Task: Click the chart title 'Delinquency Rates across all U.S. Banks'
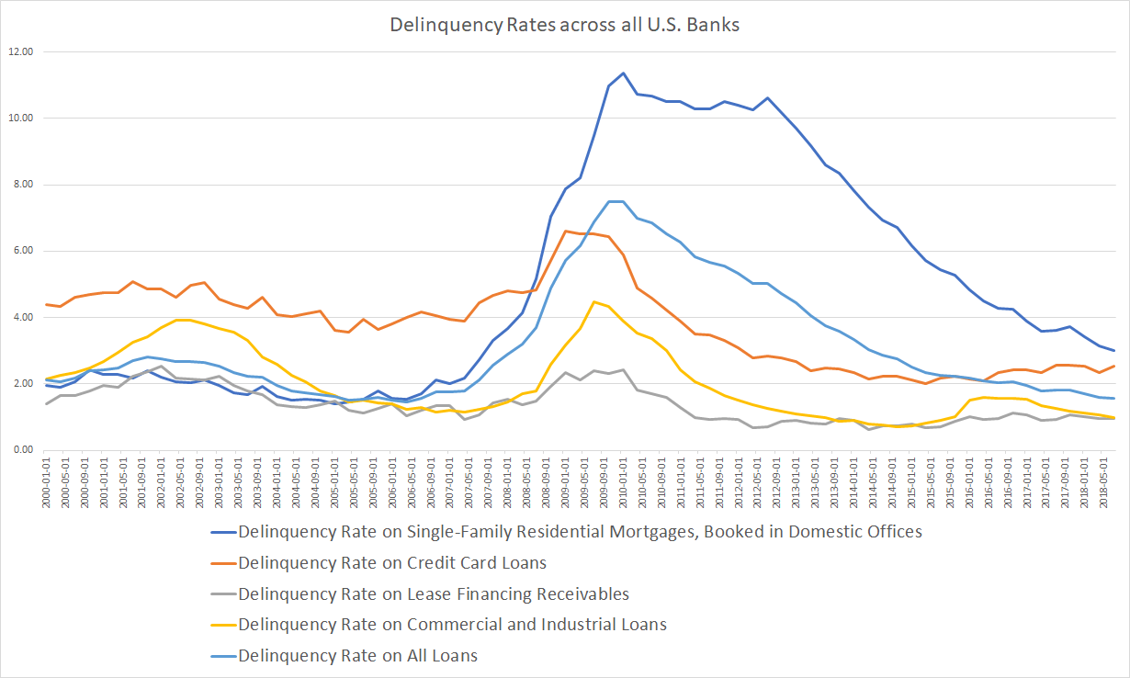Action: pos(565,25)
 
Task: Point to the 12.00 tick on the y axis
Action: pos(19,51)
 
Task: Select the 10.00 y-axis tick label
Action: pos(19,119)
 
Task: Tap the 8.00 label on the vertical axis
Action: pos(21,185)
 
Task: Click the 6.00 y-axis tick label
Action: pos(21,251)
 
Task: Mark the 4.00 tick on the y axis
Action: pos(21,318)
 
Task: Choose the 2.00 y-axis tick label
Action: pos(21,384)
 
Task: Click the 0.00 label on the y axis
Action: pos(21,450)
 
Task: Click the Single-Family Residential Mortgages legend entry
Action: pos(579,531)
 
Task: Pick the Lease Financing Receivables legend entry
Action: pos(433,593)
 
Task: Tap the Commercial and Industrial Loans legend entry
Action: pos(451,625)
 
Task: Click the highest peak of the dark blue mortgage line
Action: pos(623,73)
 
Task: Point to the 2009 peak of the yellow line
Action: pos(594,301)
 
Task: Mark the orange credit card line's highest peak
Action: pos(565,231)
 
